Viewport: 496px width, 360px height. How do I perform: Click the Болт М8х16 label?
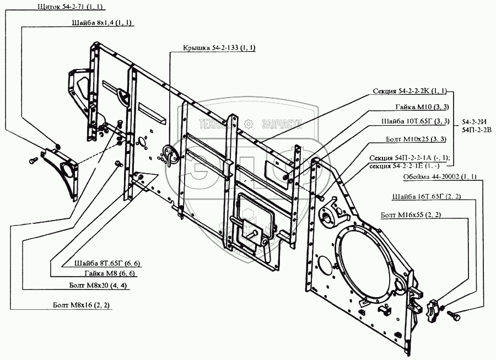pyautogui.click(x=77, y=304)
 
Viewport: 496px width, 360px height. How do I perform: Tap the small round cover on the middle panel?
pyautogui.click(x=172, y=155)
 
